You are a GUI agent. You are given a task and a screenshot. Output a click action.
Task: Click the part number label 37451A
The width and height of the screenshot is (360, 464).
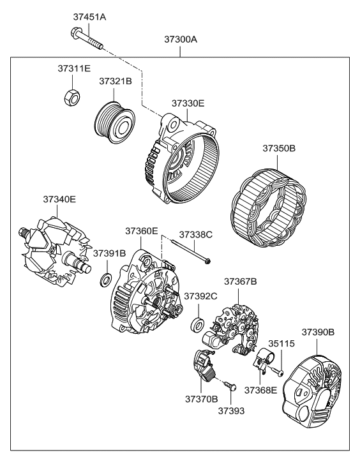89,17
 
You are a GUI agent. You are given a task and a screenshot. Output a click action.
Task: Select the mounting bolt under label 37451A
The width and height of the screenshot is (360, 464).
87,38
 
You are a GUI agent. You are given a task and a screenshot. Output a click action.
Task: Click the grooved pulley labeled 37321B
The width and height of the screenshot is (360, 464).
114,123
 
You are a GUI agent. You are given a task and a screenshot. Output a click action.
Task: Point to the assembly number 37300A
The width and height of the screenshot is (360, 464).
181,40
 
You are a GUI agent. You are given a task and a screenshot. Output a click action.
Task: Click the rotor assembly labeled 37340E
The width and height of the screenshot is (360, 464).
55,252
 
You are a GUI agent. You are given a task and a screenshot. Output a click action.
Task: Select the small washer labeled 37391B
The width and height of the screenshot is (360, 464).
105,280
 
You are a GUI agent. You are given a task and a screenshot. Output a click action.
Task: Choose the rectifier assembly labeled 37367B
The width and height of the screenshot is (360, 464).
231,329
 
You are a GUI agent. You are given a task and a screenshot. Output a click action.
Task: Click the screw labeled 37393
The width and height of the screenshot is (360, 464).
230,386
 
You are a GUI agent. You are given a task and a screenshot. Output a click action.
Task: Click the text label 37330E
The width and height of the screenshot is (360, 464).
188,103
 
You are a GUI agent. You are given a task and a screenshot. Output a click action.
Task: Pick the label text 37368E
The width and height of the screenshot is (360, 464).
260,390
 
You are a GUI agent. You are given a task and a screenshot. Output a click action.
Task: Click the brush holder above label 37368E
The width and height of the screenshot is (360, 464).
264,359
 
